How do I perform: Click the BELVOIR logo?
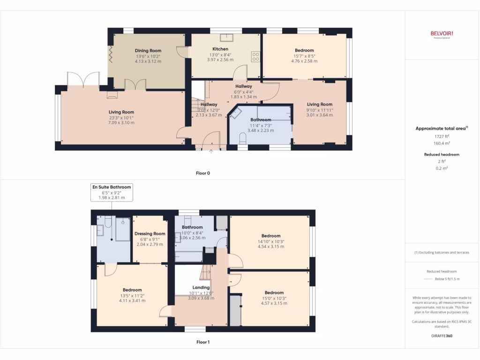(442, 33)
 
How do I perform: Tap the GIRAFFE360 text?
(442, 336)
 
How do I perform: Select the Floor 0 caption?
(202, 173)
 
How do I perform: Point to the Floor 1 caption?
(202, 342)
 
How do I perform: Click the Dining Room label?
(148, 51)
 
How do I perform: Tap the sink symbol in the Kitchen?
(231, 38)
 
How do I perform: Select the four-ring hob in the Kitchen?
(256, 57)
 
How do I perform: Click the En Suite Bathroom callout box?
(112, 192)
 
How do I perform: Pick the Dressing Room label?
(150, 233)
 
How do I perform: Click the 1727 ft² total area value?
(441, 136)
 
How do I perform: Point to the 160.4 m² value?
(441, 143)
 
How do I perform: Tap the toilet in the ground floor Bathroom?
(242, 138)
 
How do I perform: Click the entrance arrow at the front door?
(211, 151)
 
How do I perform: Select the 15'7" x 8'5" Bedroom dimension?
(304, 56)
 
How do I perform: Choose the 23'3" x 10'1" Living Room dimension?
(121, 118)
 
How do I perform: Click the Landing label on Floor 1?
(201, 287)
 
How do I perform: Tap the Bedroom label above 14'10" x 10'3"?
(271, 236)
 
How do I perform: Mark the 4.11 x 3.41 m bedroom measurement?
(132, 300)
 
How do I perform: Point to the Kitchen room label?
(220, 49)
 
